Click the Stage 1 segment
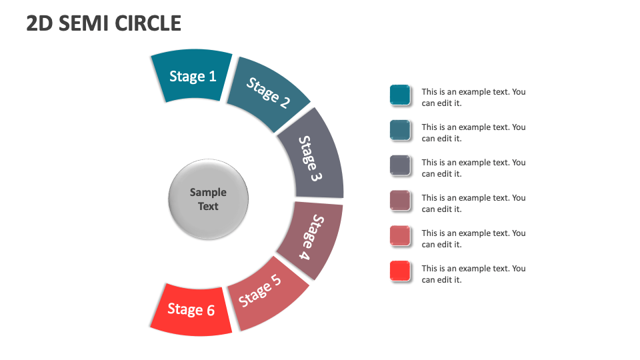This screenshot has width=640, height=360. click(x=192, y=75)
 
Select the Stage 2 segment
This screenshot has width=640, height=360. click(x=268, y=93)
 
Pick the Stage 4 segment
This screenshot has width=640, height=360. click(x=311, y=238)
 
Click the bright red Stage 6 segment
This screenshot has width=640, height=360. click(x=191, y=310)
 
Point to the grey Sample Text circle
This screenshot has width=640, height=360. click(x=208, y=199)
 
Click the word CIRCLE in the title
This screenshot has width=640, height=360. click(x=148, y=23)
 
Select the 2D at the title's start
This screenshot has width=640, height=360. click(x=39, y=23)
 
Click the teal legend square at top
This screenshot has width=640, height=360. click(x=400, y=95)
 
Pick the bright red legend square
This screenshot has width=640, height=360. click(x=400, y=271)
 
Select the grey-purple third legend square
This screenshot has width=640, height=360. click(x=400, y=165)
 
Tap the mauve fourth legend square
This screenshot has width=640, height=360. click(x=400, y=201)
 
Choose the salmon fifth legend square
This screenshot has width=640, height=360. click(x=400, y=236)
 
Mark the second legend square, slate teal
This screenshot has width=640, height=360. click(x=400, y=130)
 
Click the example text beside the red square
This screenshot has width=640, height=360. click(x=473, y=274)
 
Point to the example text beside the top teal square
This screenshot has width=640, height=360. click(x=473, y=97)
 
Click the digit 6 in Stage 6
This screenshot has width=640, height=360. click(x=211, y=311)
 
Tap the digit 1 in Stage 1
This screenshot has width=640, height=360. click(x=212, y=76)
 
